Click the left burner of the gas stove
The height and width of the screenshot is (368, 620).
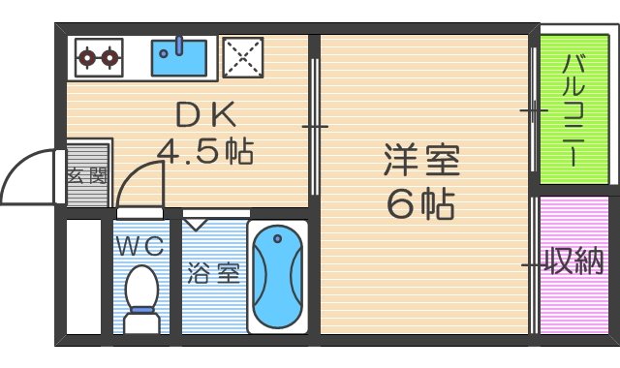pos(86,58)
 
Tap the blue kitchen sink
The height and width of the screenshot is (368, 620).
pos(181,57)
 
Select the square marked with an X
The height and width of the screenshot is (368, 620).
pos(244,57)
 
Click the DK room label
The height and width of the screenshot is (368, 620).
pos(204,115)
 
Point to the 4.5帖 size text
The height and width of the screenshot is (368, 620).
pos(205,152)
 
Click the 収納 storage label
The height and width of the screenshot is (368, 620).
pos(573,261)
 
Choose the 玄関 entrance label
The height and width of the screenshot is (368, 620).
pos(86,176)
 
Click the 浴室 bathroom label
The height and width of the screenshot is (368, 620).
pos(213,273)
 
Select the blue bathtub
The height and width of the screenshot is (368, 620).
pos(279,278)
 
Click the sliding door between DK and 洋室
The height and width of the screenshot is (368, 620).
pos(315,126)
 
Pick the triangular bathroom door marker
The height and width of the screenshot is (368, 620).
pos(197,224)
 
